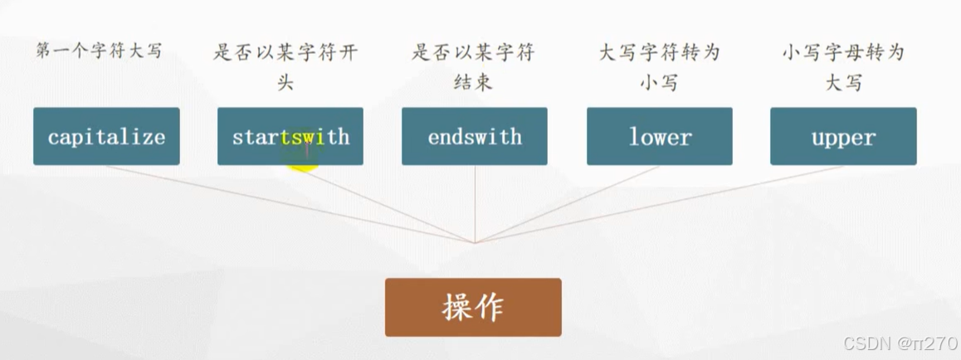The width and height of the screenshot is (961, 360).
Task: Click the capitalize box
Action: coord(106,136)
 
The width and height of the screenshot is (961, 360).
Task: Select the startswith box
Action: coord(290,136)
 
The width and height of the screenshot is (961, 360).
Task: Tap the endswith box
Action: coord(475,136)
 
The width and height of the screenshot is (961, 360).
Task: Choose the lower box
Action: coord(660,136)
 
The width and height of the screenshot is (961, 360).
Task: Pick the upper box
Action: coord(843,136)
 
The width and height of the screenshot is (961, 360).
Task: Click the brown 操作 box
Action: coord(473,307)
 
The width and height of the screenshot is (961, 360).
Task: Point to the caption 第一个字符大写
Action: coord(99,51)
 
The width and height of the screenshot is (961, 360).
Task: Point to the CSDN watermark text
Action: coord(900,343)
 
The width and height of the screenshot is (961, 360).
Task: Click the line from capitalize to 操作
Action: coord(290,204)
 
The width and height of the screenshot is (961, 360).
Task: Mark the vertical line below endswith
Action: coord(475,203)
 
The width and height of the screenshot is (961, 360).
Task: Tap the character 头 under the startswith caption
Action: coord(285,83)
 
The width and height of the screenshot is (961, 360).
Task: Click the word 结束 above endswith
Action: coord(473,83)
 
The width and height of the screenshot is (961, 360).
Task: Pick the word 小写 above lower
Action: coord(659,83)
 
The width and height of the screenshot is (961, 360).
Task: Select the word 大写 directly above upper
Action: coord(843,83)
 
